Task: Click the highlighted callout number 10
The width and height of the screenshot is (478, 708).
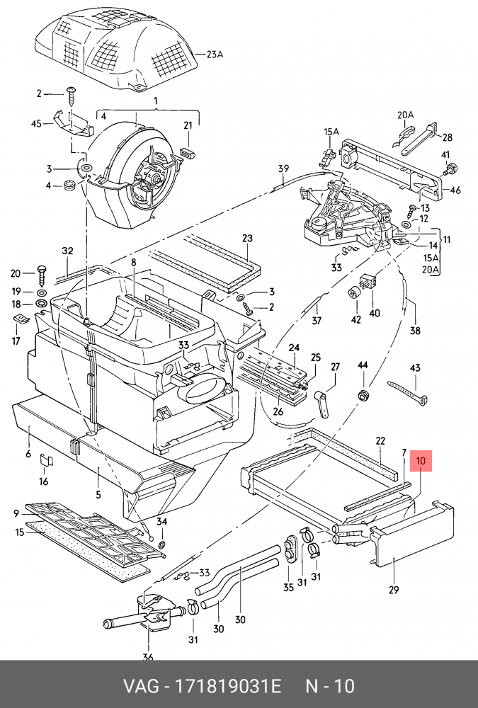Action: tap(421, 462)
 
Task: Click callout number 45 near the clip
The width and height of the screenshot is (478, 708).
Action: tap(37, 123)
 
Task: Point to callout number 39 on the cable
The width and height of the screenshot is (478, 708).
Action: tap(283, 169)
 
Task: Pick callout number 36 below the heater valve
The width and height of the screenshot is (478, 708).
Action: tap(147, 658)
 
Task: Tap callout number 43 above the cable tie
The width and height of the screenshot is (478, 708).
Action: tap(415, 368)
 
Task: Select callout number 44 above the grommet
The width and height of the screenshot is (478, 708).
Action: tap(363, 365)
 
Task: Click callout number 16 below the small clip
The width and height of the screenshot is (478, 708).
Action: tap(43, 481)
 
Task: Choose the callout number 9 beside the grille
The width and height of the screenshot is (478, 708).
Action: tap(16, 513)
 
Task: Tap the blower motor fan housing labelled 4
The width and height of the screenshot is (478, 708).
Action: tap(131, 163)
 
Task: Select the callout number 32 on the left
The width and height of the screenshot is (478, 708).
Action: tap(67, 251)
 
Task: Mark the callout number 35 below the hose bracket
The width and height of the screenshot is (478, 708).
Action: tap(288, 587)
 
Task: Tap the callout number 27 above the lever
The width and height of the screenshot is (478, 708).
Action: tap(336, 367)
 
